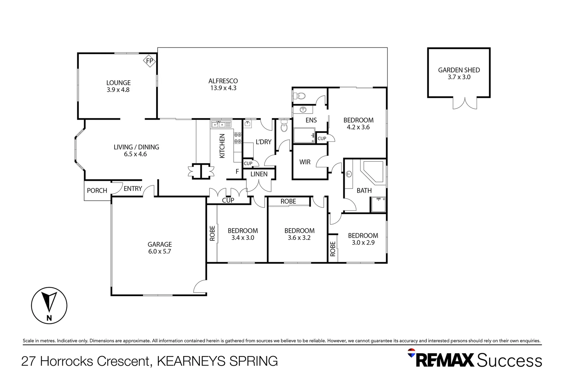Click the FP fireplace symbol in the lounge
[x=150, y=61]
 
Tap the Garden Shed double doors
[x=465, y=103]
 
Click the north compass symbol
[x=49, y=305]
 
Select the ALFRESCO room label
[x=223, y=81]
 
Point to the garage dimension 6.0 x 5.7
[x=160, y=251]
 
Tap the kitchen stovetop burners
[x=238, y=138]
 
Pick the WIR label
[x=305, y=162]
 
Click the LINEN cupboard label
[x=259, y=174]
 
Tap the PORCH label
[x=97, y=191]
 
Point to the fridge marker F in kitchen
[x=237, y=171]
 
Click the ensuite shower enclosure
[x=304, y=135]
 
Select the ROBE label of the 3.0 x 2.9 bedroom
[x=333, y=249]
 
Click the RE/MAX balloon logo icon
[x=412, y=353]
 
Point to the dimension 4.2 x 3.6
[x=358, y=127]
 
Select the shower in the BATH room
[x=378, y=205]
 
